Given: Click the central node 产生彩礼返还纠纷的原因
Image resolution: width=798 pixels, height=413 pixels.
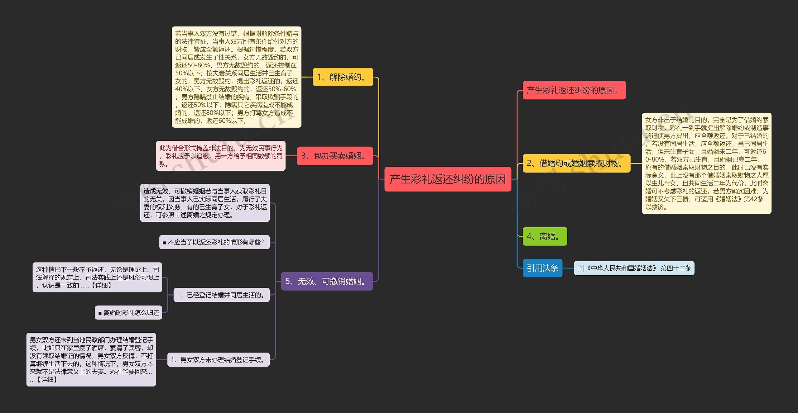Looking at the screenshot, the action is [x=448, y=179].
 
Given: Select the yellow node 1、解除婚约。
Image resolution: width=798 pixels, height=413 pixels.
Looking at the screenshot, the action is [x=343, y=77].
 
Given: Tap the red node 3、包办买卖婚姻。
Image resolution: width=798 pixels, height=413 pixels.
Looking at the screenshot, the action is [x=335, y=156].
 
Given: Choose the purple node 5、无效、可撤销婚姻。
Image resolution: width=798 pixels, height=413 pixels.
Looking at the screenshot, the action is [x=327, y=281].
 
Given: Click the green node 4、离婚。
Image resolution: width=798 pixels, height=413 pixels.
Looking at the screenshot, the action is [x=545, y=236].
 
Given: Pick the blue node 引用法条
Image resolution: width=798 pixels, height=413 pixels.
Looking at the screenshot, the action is [x=542, y=268].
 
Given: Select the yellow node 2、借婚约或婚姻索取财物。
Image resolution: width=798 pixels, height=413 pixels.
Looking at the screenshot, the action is [x=576, y=163].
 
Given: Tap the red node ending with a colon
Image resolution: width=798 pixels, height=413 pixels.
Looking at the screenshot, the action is [x=574, y=90].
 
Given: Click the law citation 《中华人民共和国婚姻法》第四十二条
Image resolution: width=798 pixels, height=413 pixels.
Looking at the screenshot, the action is [x=634, y=268].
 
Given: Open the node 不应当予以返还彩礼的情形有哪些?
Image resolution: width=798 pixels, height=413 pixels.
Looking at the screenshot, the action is [x=214, y=242].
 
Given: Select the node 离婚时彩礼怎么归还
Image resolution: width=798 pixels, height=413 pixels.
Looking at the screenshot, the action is [x=128, y=312].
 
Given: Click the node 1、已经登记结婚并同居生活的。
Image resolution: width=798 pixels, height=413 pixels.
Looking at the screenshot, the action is [x=221, y=295].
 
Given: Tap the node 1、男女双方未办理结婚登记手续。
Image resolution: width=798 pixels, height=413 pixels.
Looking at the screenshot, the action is [x=218, y=360].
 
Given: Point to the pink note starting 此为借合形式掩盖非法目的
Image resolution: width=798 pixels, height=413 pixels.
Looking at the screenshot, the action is [x=221, y=156].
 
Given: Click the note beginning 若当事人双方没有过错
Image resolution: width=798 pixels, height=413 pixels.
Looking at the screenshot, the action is [x=237, y=77].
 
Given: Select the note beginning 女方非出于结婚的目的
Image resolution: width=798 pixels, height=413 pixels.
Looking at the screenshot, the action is [x=706, y=163].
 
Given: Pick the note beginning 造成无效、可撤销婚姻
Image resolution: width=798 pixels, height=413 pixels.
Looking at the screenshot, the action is [x=205, y=203].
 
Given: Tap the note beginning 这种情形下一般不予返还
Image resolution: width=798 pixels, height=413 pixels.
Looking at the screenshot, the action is [x=97, y=277].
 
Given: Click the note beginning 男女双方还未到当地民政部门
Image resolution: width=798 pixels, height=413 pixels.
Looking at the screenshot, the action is [x=91, y=359].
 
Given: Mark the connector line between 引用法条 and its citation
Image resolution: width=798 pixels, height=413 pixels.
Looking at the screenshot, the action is [x=568, y=268].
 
